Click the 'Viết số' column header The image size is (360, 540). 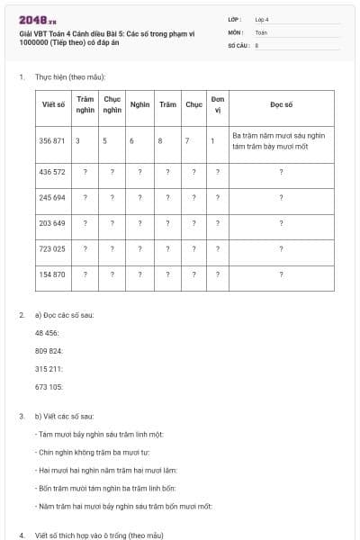coord(53,104)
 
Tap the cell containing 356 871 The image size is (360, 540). coord(53,140)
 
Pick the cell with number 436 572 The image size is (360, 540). coord(53,171)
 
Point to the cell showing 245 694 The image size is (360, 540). coord(53,197)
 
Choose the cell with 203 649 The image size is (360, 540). coord(53,223)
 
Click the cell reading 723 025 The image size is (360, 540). coord(53,248)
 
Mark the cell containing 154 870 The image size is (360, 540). coord(53,274)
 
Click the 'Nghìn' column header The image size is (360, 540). coord(139,104)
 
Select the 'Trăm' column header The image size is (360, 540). coord(167,104)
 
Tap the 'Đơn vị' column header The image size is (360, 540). coord(217,104)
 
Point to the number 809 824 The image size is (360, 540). coord(49,351)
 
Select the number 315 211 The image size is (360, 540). coord(49,369)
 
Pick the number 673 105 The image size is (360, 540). coord(49,387)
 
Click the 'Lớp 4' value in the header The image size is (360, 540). coord(262,19)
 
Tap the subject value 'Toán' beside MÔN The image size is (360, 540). coord(261,31)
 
